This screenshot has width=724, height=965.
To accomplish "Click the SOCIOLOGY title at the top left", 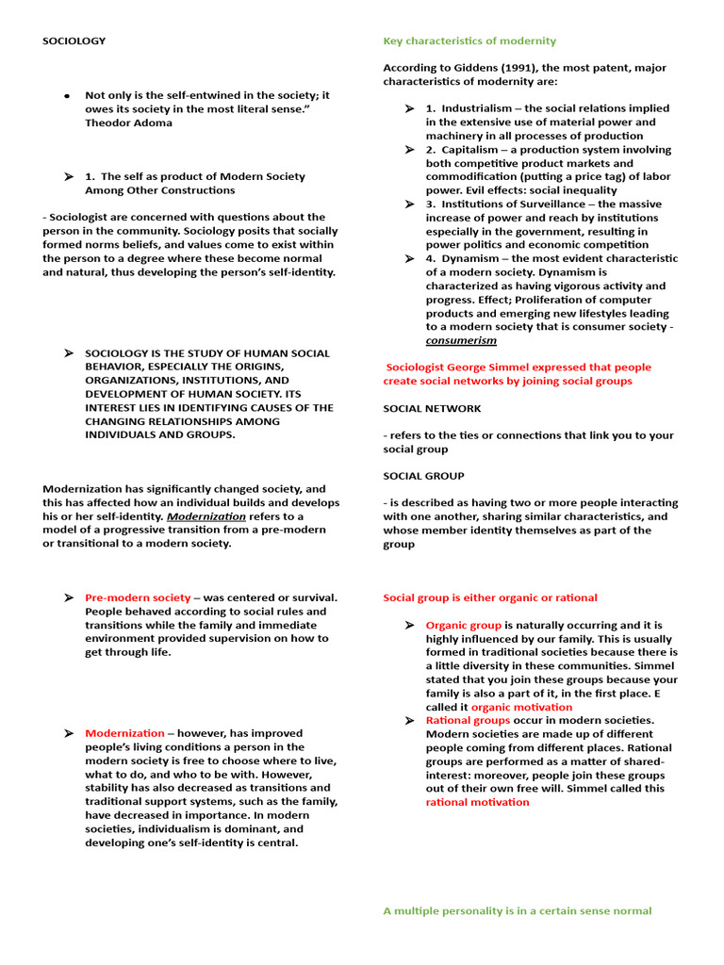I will [74, 41].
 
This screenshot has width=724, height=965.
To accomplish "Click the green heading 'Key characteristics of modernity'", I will [469, 41].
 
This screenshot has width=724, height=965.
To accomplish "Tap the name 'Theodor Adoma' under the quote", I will [129, 123].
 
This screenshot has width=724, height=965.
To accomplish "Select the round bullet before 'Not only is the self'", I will [67, 96].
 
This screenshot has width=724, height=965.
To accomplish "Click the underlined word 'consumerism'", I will [461, 340].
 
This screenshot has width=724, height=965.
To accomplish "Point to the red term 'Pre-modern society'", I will [138, 597].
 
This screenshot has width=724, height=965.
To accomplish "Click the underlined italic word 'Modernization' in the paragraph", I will [206, 516].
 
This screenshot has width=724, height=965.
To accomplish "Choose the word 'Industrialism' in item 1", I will [478, 108].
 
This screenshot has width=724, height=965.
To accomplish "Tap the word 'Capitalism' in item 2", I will [471, 150].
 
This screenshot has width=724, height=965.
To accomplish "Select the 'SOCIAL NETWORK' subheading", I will [432, 409].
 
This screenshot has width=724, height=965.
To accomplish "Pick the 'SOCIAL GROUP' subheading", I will [423, 476].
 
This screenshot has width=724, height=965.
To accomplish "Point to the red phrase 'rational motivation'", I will [477, 802].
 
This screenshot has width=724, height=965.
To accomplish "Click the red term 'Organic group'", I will [463, 625].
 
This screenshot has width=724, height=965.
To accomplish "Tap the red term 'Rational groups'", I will [468, 720].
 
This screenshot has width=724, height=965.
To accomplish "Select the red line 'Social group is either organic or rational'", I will [489, 597].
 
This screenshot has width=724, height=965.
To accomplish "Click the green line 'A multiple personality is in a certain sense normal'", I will [517, 911].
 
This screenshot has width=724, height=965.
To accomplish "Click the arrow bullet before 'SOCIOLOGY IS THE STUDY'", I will [68, 353].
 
